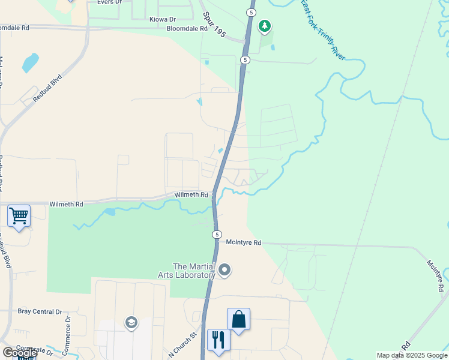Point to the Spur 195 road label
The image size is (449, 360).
(x=214, y=25)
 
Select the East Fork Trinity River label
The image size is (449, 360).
(x=324, y=29)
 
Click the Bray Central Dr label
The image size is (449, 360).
(x=40, y=311)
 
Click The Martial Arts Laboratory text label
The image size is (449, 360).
(x=193, y=271)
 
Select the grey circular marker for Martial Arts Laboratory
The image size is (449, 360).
(x=225, y=270)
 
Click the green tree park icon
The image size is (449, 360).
(x=264, y=26)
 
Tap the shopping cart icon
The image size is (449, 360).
(x=19, y=215)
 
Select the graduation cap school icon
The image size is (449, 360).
(x=131, y=323)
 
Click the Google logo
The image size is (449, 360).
(x=20, y=353)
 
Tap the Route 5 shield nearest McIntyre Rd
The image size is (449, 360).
(x=217, y=234)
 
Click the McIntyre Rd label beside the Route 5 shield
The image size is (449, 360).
(x=244, y=242)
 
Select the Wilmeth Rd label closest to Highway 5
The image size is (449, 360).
(x=191, y=195)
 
